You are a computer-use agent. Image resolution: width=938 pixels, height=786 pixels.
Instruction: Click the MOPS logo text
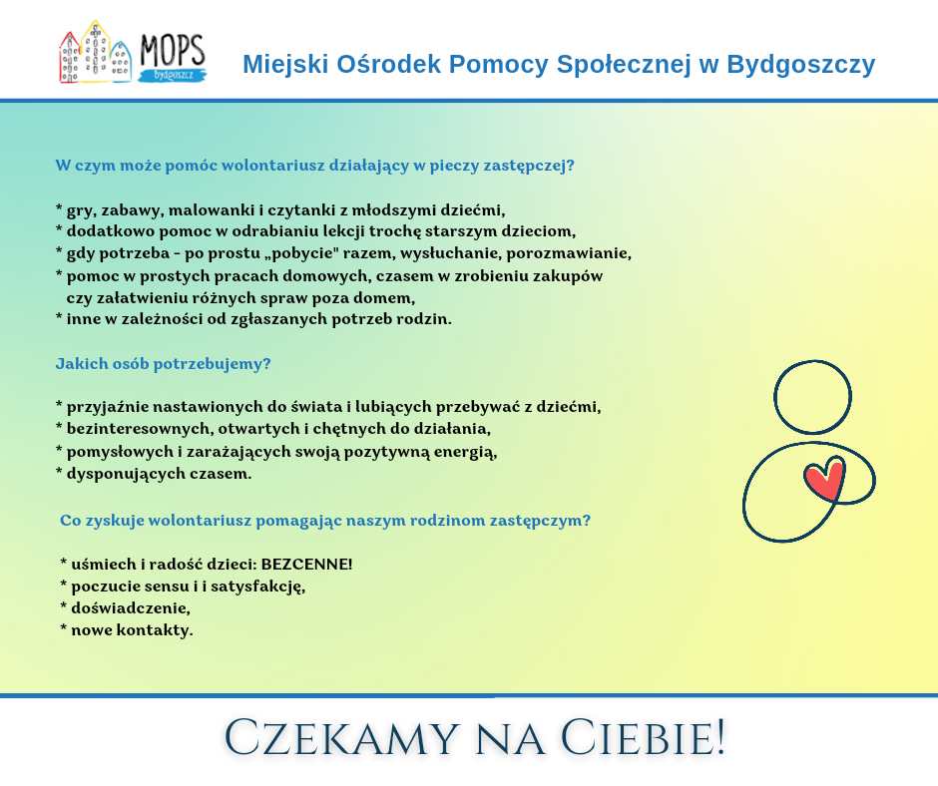173,51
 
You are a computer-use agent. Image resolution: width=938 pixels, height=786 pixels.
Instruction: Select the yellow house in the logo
95,52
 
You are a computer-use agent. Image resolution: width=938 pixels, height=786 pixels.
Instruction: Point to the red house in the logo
70,58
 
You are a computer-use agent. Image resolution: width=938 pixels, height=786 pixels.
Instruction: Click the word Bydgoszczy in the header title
801,64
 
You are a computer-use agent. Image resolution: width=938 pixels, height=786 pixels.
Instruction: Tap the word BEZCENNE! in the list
306,565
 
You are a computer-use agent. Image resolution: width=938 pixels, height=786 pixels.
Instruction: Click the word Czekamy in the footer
341,738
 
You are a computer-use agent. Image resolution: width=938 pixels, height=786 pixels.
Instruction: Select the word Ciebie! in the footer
643,738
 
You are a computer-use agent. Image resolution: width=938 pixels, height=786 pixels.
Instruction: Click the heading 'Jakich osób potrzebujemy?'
164,364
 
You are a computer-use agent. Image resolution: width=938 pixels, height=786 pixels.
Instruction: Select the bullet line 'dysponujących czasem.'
154,474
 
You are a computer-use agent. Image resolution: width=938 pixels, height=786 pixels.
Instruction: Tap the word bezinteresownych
140,429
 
